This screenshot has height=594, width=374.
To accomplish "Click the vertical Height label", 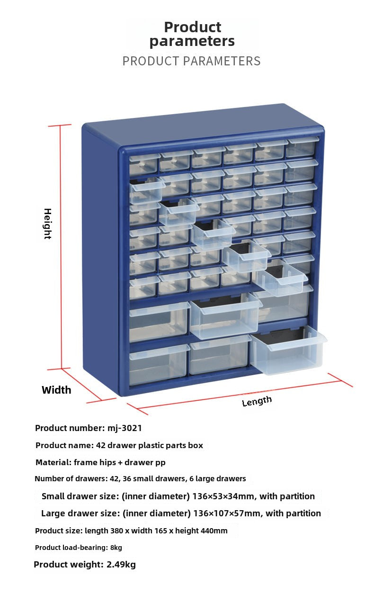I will coord(47,224).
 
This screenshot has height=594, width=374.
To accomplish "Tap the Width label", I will coord(56,390).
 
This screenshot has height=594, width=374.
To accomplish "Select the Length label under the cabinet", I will coord(257,401).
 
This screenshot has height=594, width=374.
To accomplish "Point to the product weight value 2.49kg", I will coord(121,564).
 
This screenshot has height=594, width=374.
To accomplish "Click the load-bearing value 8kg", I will coord(116,548).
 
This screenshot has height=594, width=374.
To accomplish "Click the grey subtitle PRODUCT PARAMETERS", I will coord(191,61).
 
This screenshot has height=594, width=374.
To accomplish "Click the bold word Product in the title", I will coord(192,27).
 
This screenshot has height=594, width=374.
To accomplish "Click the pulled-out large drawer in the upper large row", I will coord(225,318).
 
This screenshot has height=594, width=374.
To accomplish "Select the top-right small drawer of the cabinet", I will coord(301,148).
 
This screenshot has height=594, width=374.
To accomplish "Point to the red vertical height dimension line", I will coord(61,246).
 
